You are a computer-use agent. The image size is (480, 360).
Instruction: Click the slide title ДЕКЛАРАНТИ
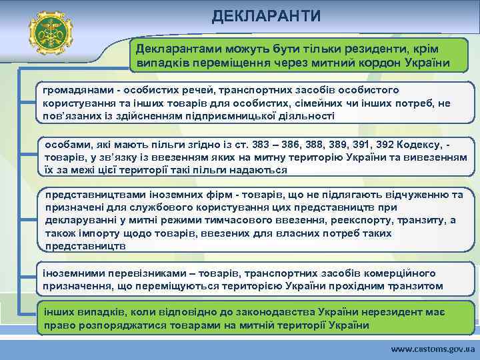click(x=266, y=15)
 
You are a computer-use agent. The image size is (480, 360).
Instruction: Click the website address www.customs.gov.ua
click(x=433, y=349)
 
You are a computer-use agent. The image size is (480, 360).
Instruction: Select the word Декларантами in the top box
click(x=170, y=50)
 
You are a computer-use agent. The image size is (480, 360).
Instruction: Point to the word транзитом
click(x=415, y=285)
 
